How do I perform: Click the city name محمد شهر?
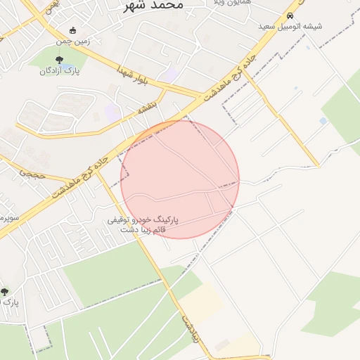click(153, 5)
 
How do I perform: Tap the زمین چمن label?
click(94, 41)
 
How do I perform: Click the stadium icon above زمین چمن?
click(73, 30)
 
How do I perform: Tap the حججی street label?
click(32, 172)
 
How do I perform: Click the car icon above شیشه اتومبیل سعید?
click(290, 15)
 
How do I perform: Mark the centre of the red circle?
click(180, 179)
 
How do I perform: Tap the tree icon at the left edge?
click(4, 291)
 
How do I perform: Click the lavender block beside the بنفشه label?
click(112, 111)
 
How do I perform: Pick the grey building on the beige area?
click(222, 345)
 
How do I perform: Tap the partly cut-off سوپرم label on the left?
click(8, 217)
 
